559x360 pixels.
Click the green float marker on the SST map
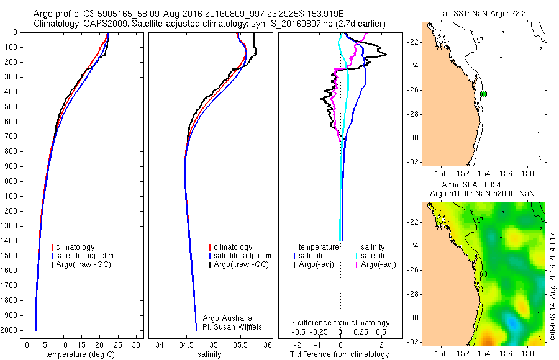click(483, 94)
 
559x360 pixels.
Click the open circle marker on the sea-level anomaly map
click(484, 274)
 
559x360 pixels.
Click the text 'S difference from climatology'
click(340, 323)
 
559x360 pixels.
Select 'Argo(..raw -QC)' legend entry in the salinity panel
click(241, 264)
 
